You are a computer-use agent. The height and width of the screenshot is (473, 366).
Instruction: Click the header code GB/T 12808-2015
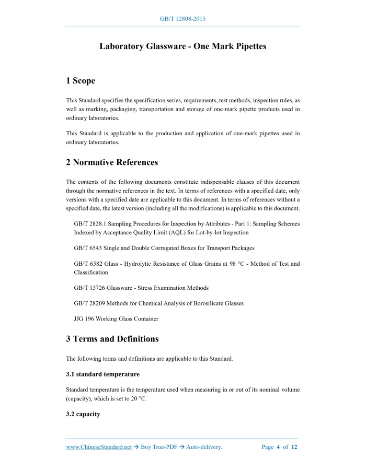coord(182,19)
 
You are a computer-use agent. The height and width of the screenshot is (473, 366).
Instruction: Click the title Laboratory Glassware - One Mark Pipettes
coord(183,46)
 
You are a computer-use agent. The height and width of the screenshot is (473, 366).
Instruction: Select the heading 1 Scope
coord(81,81)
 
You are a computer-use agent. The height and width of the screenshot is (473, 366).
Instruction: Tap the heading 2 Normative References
coord(112,162)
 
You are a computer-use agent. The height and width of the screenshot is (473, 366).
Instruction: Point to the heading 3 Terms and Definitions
coord(112,339)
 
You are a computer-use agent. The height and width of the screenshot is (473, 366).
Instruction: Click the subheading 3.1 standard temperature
coord(102,374)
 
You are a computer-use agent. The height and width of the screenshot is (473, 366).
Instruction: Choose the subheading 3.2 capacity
coord(83,414)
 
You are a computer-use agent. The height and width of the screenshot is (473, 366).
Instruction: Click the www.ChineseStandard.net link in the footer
coord(99,447)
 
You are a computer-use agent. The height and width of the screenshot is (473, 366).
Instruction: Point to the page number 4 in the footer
coord(278,447)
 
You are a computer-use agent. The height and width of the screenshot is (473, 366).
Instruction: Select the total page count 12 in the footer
coord(294,447)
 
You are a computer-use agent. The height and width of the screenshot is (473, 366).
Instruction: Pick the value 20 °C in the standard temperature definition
coord(139,398)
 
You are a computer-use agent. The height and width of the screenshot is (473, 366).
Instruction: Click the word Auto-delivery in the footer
coord(204,447)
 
